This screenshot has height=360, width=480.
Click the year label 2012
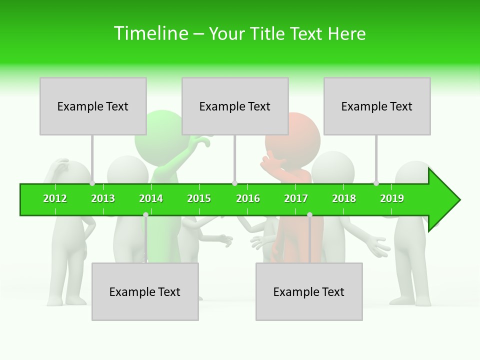tap(55, 198)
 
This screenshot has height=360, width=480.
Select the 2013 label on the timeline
tap(103, 198)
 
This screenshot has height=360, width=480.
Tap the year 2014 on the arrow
tap(151, 198)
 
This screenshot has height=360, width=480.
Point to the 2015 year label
tap(199, 198)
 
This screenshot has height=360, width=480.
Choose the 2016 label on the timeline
tap(248, 198)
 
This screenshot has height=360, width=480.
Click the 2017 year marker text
tap(296, 198)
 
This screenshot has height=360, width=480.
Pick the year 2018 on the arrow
tap(344, 198)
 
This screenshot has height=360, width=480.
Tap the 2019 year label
tap(392, 198)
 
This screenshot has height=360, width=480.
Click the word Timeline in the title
tap(150, 33)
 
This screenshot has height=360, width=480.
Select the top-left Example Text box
tap(93, 106)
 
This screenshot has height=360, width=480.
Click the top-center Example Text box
tap(235, 106)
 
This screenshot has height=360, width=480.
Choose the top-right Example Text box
tap(377, 106)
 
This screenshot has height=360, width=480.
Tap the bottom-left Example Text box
tap(145, 291)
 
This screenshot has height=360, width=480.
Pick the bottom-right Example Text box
tap(309, 291)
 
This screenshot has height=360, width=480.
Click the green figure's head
tap(159, 132)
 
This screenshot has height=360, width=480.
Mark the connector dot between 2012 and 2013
tap(92, 183)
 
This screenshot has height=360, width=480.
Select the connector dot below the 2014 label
tap(145, 214)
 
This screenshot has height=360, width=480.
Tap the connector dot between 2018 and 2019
tap(376, 183)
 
